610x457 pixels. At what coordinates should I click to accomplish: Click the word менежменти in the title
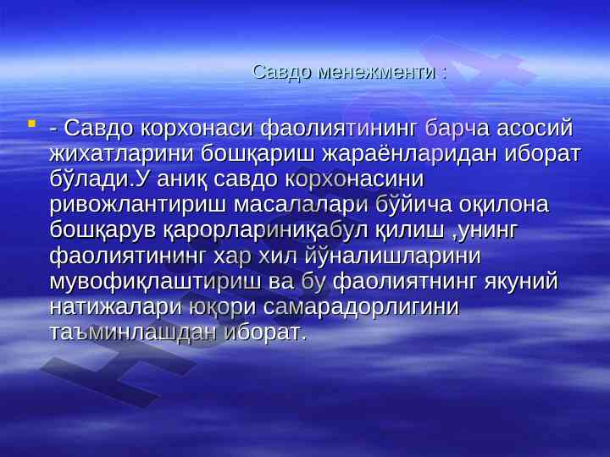click(x=376, y=72)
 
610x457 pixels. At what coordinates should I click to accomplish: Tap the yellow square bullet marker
click(x=31, y=124)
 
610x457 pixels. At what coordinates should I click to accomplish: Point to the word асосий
click(x=535, y=129)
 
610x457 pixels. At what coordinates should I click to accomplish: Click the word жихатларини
click(x=121, y=154)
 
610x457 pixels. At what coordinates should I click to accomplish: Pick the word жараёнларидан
click(x=410, y=154)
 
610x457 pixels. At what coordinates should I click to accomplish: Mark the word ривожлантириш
click(x=137, y=205)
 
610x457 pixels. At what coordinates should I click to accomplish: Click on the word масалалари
click(x=300, y=205)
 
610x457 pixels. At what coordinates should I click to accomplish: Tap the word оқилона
click(x=504, y=205)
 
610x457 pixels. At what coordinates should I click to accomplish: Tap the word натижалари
click(x=115, y=307)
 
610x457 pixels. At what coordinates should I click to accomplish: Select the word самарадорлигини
click(x=362, y=307)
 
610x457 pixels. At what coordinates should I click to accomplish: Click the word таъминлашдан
click(x=133, y=333)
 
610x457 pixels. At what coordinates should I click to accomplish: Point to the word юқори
click(x=222, y=307)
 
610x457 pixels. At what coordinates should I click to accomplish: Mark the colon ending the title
click(x=444, y=74)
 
